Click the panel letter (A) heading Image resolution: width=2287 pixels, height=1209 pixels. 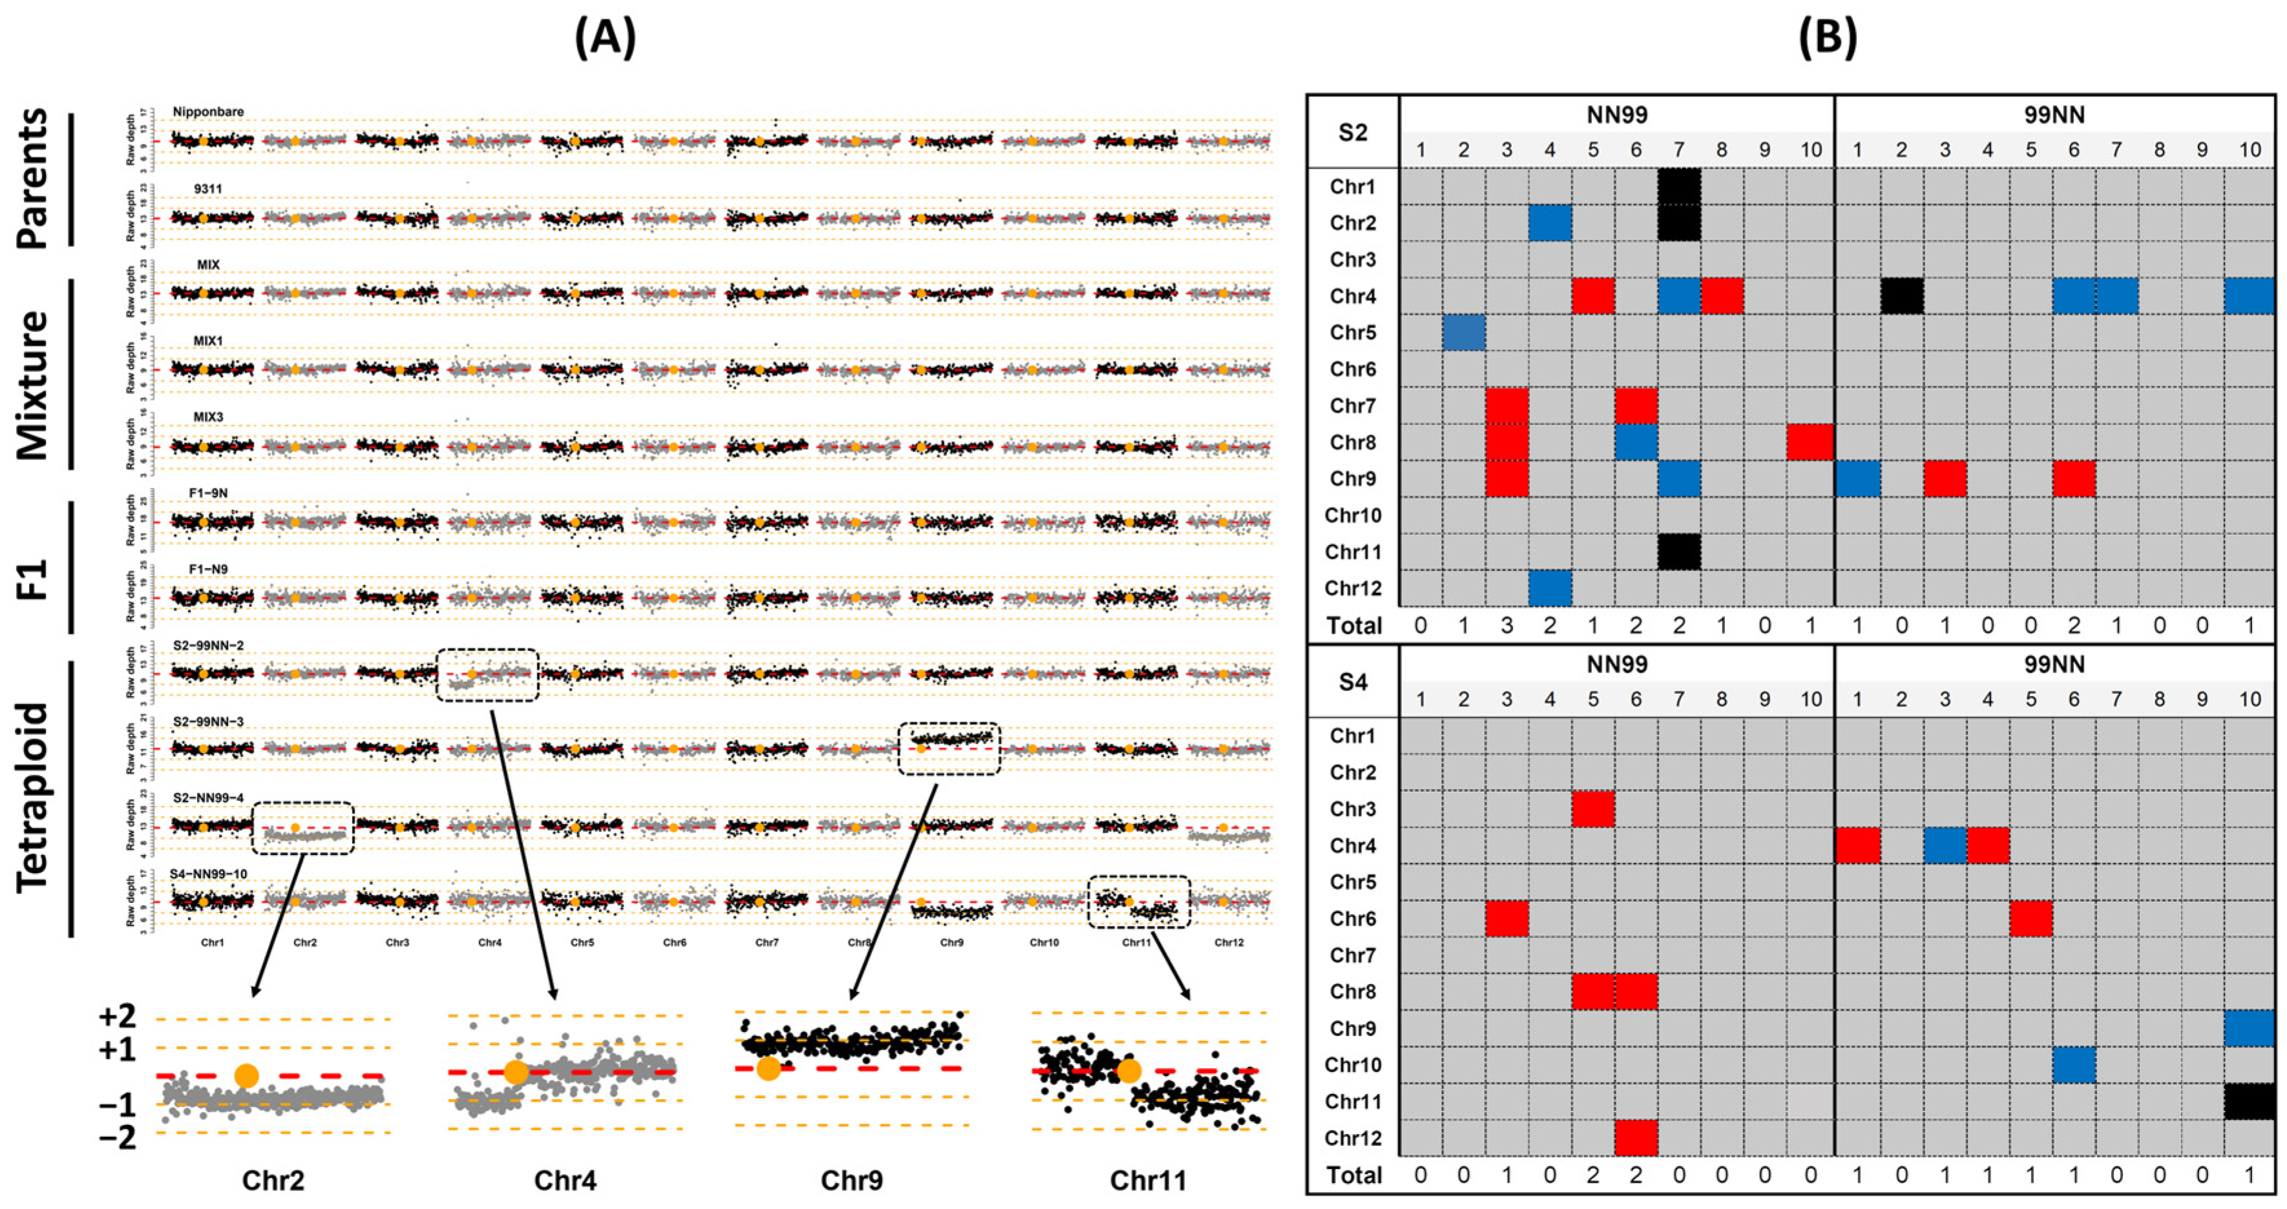605,39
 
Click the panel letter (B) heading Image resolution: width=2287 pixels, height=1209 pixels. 1827,39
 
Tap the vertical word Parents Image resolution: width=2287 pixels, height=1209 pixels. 34,178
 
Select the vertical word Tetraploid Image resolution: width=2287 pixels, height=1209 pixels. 34,797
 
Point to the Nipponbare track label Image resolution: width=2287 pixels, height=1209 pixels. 209,112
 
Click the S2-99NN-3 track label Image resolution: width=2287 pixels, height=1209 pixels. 209,721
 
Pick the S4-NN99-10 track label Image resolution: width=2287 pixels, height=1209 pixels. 209,874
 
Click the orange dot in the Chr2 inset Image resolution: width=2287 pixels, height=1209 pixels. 247,1076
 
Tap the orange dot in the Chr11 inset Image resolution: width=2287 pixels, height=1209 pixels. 1129,1071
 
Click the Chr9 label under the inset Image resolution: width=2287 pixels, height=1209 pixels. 851,1180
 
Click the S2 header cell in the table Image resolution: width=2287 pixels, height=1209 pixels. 1352,132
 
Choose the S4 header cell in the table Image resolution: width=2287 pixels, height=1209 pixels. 1352,682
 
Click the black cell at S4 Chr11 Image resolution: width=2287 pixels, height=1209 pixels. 2249,1100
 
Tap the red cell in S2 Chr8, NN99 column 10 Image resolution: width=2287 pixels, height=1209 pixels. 1810,442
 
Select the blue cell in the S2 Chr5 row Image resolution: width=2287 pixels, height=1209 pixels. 1464,332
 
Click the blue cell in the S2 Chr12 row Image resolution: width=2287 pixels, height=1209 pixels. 1550,588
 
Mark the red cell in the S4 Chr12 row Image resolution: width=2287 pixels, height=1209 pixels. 1635,1138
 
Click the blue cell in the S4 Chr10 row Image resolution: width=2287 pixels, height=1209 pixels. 2074,1064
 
